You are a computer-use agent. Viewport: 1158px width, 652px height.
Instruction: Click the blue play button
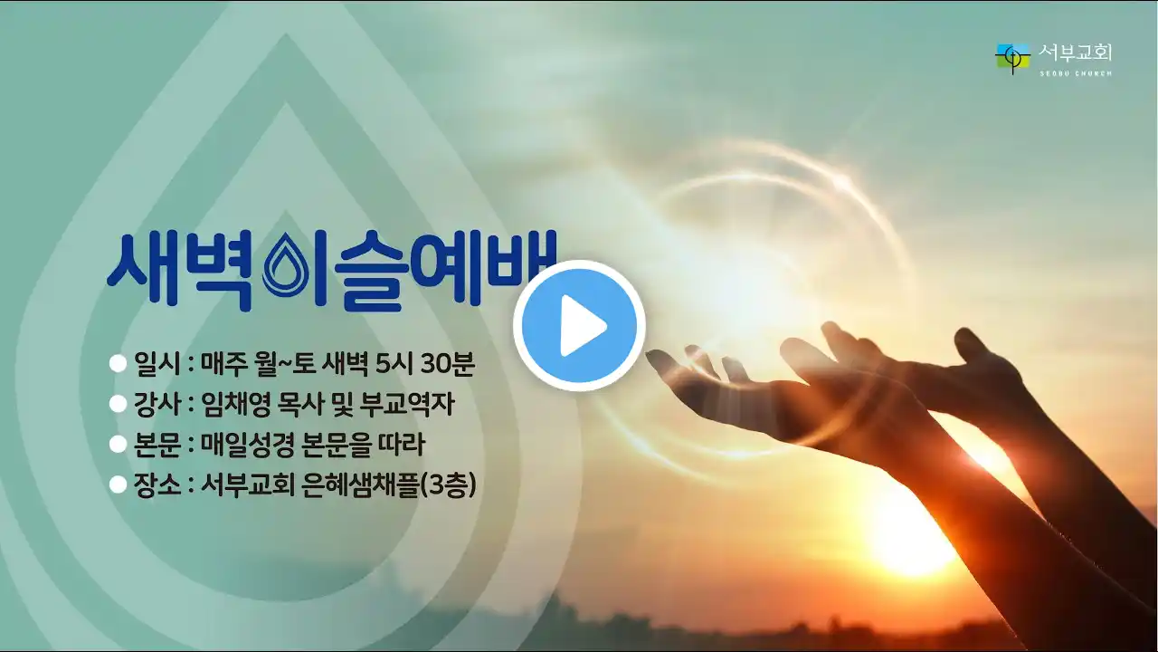click(579, 326)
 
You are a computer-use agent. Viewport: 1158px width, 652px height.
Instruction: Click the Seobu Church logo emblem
click(1012, 59)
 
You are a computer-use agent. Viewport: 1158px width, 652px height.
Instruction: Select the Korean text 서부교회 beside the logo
click(1075, 53)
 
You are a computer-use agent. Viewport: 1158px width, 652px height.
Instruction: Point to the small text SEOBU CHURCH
click(1076, 73)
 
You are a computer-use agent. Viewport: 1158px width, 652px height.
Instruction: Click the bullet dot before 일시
click(118, 363)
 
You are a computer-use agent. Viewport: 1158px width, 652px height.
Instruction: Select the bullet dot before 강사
click(118, 404)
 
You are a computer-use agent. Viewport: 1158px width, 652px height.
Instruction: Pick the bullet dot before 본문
click(118, 445)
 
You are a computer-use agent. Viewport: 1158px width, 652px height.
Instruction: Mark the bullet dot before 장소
click(118, 484)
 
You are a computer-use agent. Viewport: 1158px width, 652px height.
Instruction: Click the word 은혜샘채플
click(360, 485)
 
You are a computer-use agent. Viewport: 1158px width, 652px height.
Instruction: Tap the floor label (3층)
click(448, 485)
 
